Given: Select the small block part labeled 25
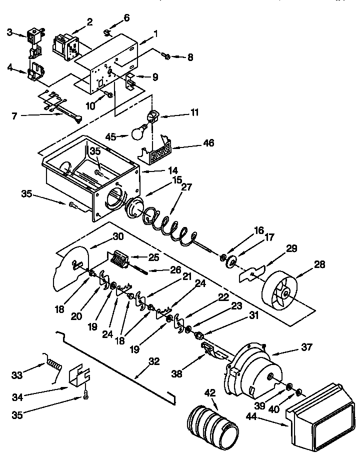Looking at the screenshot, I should [x=119, y=259].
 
